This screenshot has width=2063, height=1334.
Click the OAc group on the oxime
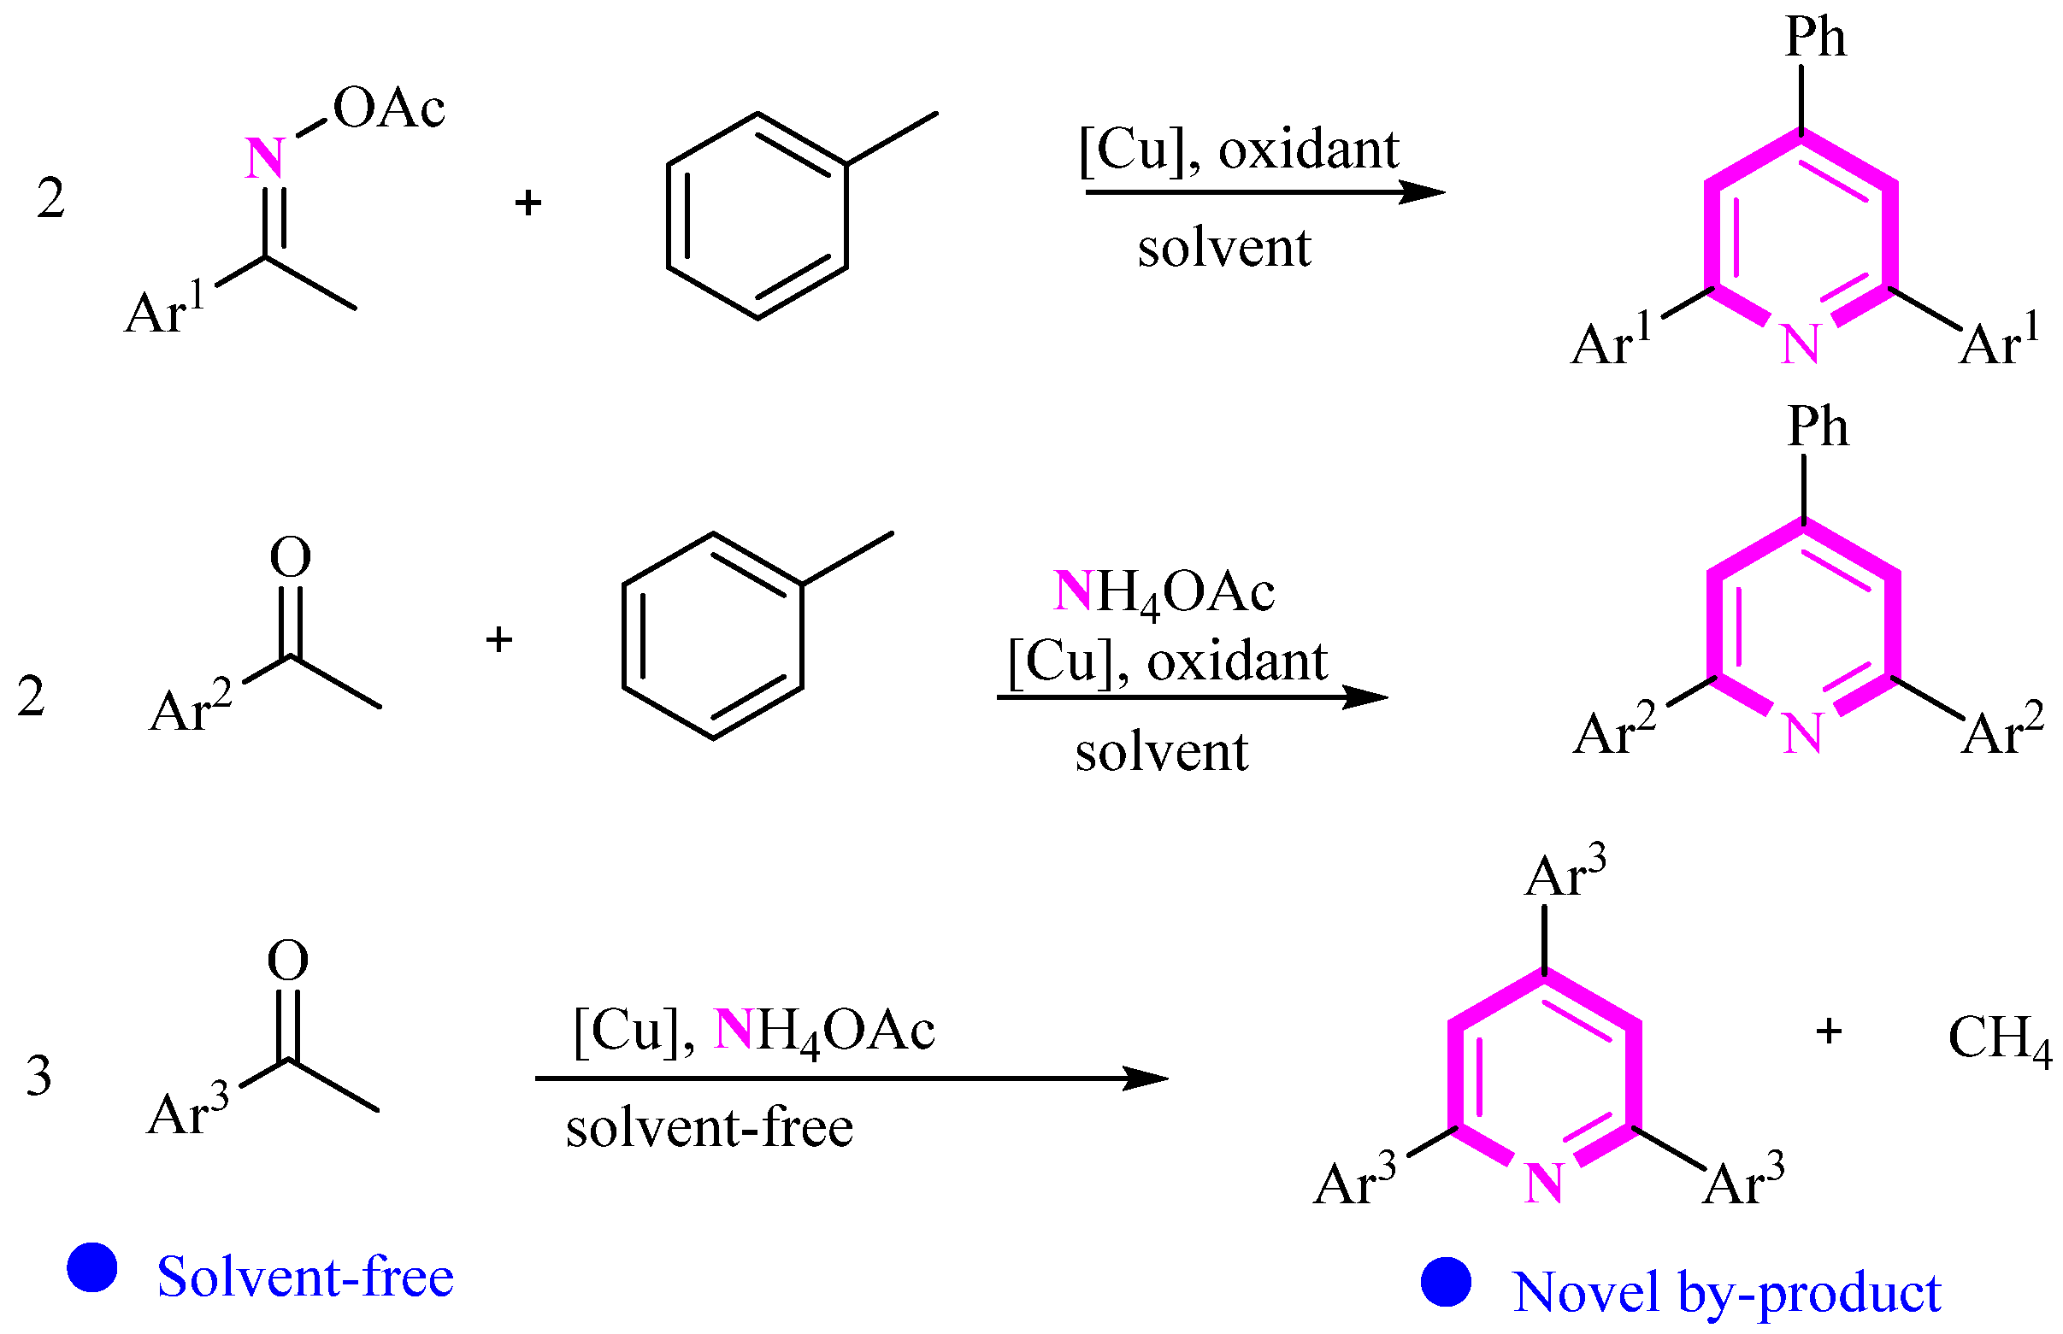pyautogui.click(x=388, y=109)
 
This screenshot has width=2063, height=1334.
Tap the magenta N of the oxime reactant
pyautogui.click(x=264, y=158)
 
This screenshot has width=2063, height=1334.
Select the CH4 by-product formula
pyautogui.click(x=1997, y=1038)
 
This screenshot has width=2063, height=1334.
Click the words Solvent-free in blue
pyautogui.click(x=305, y=1277)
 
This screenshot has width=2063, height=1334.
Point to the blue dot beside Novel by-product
pyautogui.click(x=1445, y=1283)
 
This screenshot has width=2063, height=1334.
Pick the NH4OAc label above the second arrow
pyautogui.click(x=1163, y=593)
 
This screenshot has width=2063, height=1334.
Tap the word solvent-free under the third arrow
pyautogui.click(x=709, y=1129)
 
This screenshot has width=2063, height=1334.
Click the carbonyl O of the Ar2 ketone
pyautogui.click(x=291, y=557)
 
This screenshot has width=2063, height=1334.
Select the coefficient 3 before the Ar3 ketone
pyautogui.click(x=39, y=1077)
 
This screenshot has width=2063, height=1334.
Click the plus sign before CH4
pyautogui.click(x=1828, y=1031)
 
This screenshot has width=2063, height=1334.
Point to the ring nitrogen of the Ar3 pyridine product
pyautogui.click(x=1543, y=1184)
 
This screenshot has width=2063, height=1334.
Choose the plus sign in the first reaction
pyautogui.click(x=528, y=203)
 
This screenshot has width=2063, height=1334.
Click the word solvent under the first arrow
pyautogui.click(x=1223, y=249)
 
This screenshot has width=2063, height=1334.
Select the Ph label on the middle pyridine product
pyautogui.click(x=1817, y=426)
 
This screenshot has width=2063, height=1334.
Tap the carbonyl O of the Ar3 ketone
pyautogui.click(x=287, y=961)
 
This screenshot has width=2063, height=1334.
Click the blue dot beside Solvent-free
pyautogui.click(x=91, y=1268)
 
